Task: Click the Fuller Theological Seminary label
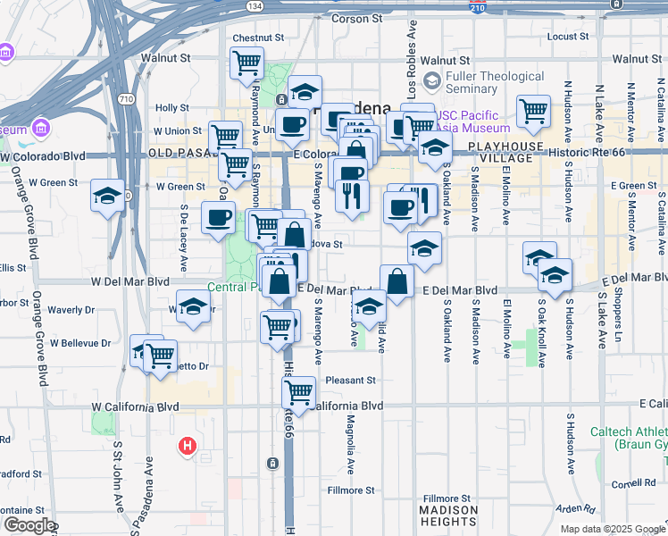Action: coord(497,83)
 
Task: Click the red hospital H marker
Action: coord(188,445)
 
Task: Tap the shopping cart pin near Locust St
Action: coord(533,112)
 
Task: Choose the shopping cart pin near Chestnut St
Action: coord(246,63)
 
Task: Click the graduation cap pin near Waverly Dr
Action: coord(193,306)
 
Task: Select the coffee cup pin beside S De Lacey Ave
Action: coord(217,217)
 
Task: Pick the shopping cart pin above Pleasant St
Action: coord(299,390)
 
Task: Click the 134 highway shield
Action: coord(257,6)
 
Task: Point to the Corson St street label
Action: coord(356,18)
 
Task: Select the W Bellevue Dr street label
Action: coord(81,343)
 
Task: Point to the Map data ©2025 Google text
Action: coord(613,529)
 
